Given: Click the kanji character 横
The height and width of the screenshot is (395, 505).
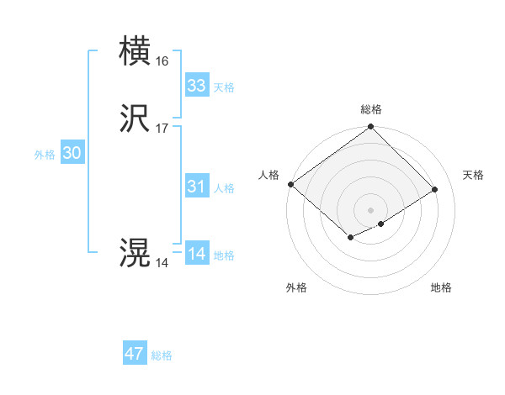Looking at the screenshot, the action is [135, 50].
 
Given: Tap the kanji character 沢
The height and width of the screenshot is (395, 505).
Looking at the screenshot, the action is [135, 119].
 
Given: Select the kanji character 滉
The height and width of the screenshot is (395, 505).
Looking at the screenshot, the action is [135, 253].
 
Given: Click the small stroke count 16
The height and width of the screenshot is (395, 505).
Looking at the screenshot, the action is [162, 61].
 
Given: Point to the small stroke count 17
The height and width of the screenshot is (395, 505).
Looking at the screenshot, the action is [162, 129].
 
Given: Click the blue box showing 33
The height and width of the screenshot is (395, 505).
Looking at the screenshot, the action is [196, 86].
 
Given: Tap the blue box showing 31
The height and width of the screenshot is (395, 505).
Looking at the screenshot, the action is [196, 187].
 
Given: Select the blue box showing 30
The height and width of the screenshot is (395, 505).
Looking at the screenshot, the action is [72, 153].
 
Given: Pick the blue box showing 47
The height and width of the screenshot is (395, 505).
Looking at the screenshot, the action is [135, 354].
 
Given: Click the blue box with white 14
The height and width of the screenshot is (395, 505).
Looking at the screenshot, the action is [196, 254].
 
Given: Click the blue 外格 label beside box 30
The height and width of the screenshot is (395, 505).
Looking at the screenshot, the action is [45, 155].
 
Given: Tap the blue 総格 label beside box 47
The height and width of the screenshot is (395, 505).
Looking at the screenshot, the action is [162, 355].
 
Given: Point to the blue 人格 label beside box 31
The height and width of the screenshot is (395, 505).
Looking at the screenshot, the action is [225, 188].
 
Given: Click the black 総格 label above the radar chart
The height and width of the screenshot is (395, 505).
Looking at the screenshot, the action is [370, 109].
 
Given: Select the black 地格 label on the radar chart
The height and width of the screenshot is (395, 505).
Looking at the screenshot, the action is [441, 287].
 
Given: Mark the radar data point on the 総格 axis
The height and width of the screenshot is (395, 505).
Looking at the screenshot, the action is [370, 128].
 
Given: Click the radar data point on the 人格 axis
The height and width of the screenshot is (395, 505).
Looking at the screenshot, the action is [290, 184].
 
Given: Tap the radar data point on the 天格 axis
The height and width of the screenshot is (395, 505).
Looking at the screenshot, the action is [435, 189].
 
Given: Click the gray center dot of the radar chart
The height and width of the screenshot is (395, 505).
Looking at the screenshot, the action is [370, 209].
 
